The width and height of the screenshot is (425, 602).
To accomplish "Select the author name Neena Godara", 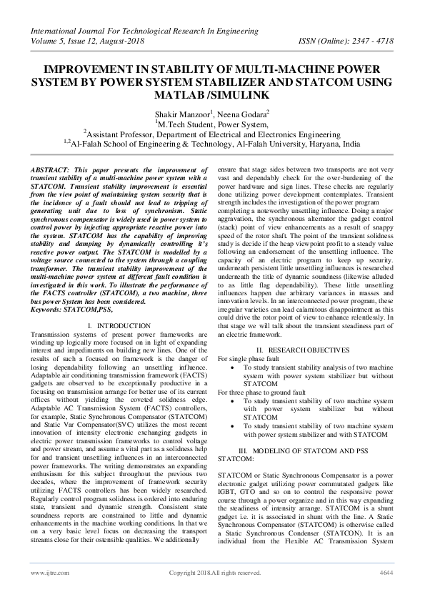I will coord(240,113).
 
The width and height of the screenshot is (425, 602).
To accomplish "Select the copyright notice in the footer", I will coord(214,573).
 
